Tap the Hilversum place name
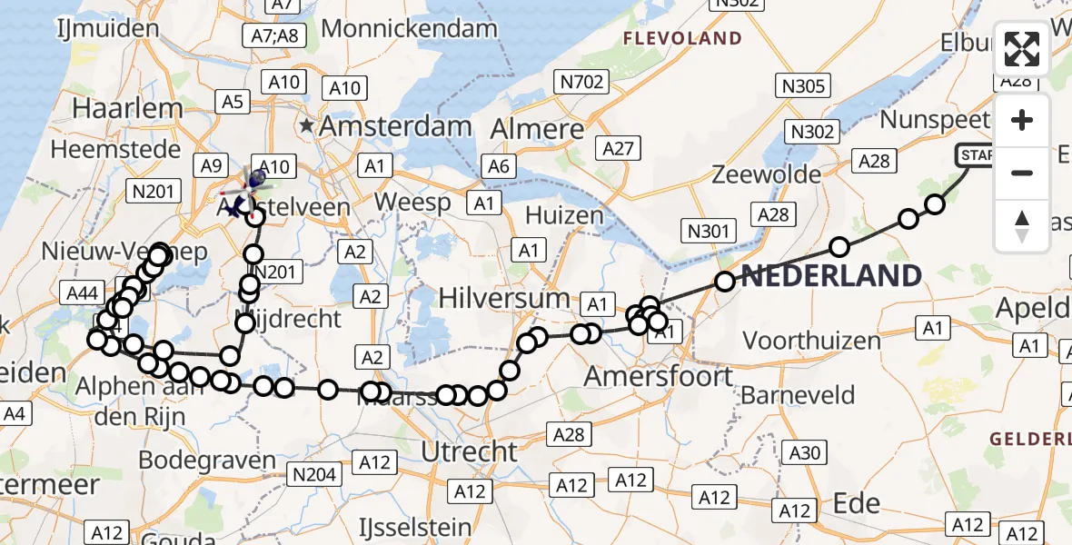[504, 298]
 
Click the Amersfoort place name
[659, 374]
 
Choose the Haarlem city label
[128, 108]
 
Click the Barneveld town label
[799, 395]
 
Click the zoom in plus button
[1022, 120]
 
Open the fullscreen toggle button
[1022, 49]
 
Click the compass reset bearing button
[1022, 225]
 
